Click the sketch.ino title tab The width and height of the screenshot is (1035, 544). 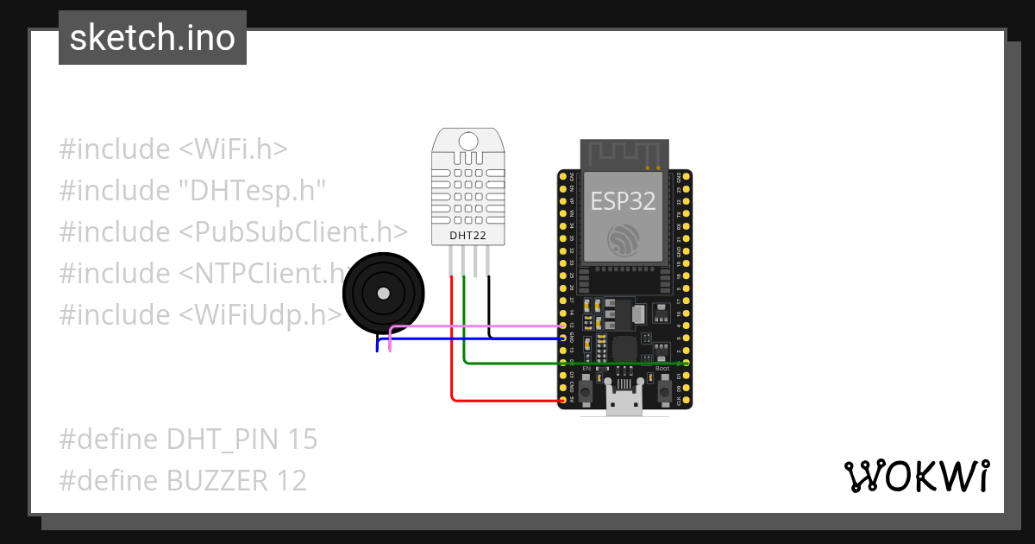pos(153,38)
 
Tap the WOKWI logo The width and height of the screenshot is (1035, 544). pos(915,476)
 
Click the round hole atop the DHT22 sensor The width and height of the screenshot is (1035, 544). pos(469,141)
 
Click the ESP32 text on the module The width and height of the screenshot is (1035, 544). pos(623,201)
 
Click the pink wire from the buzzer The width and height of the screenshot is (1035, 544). pos(474,326)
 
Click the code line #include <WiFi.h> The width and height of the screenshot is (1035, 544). pos(173,149)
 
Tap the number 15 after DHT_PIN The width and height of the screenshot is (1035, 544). pos(303,440)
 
